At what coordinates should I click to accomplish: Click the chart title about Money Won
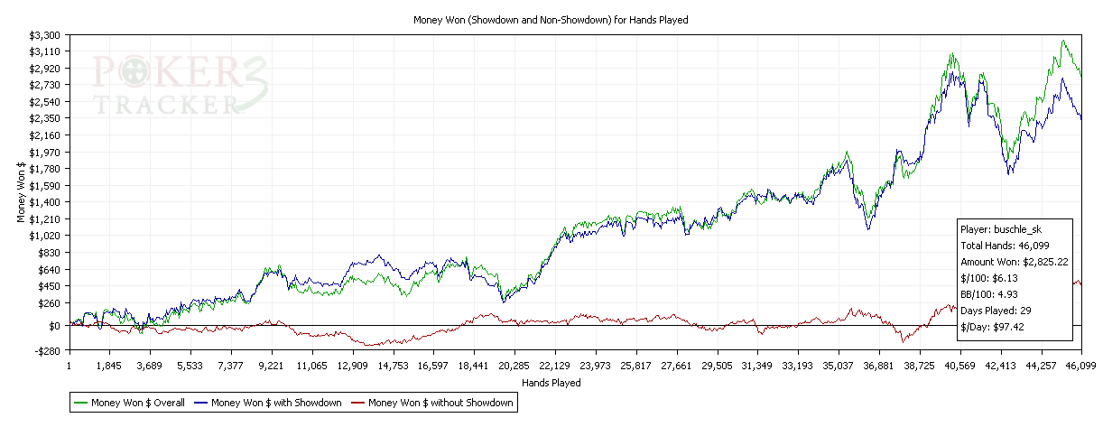(551, 19)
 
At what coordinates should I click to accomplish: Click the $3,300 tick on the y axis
(46, 34)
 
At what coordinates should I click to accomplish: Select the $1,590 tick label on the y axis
(46, 185)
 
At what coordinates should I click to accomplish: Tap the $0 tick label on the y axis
(54, 325)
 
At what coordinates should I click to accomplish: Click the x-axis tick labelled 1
(69, 366)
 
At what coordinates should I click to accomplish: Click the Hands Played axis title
(551, 382)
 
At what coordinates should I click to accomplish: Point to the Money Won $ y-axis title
(20, 191)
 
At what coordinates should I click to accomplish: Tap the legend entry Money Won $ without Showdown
(441, 404)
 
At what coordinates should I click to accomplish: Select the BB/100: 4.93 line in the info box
(988, 294)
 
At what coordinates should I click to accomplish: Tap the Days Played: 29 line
(996, 311)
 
